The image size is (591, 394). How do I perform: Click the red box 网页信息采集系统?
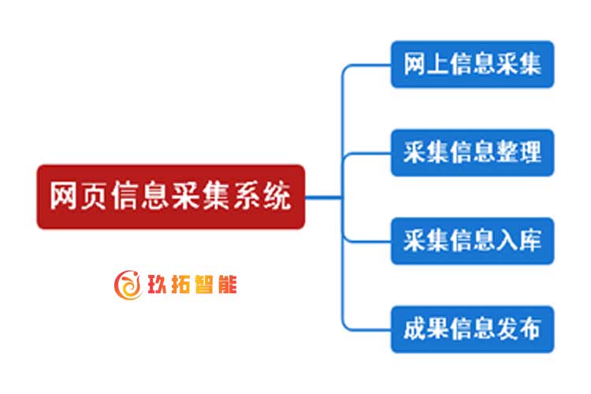pyautogui.click(x=170, y=196)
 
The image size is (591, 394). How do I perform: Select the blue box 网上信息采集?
pyautogui.click(x=473, y=64)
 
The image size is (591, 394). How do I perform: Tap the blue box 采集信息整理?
pyautogui.click(x=473, y=152)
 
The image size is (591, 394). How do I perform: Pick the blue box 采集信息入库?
pyautogui.click(x=473, y=240)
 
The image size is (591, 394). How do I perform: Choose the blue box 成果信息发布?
pyautogui.click(x=473, y=329)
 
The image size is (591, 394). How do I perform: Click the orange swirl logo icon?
pyautogui.click(x=128, y=284)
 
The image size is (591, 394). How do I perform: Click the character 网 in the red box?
pyautogui.click(x=64, y=196)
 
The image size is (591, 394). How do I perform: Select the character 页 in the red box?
pyautogui.click(x=94, y=196)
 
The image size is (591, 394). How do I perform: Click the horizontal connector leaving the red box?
pyautogui.click(x=323, y=196)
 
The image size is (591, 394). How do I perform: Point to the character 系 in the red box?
pyautogui.click(x=246, y=196)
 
